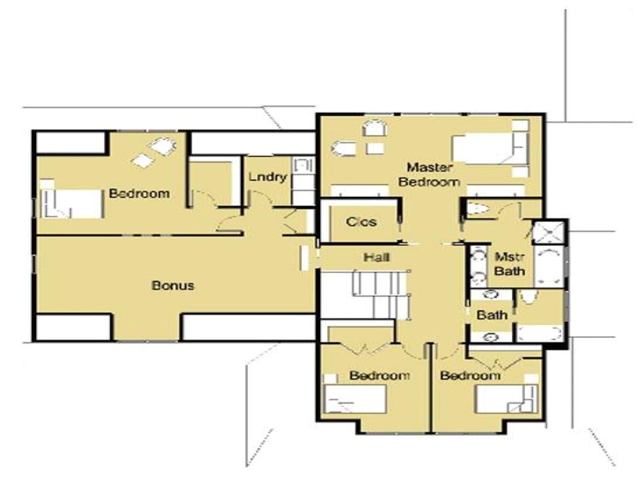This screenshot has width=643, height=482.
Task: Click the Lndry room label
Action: [268, 177]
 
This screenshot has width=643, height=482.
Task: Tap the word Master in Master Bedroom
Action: [430, 167]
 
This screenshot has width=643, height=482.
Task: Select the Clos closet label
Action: [361, 221]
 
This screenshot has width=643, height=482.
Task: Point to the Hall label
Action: [377, 257]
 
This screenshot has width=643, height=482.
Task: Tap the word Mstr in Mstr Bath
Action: [510, 258]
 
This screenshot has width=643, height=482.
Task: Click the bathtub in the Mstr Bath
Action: [549, 266]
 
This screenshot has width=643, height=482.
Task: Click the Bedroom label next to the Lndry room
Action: [139, 193]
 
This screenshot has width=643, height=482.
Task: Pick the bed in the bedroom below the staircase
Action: [355, 399]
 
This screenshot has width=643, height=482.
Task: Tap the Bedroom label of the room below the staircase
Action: [380, 375]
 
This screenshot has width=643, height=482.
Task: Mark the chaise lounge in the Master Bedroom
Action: [344, 149]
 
